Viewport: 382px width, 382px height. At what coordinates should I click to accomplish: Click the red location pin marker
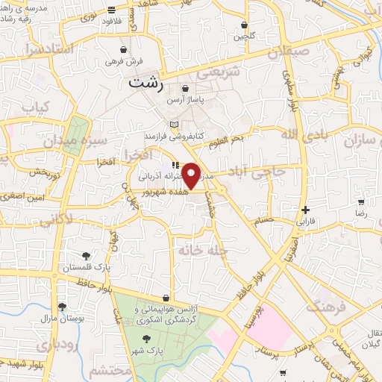tap(192, 175)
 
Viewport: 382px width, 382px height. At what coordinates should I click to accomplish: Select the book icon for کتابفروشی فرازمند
tap(175, 124)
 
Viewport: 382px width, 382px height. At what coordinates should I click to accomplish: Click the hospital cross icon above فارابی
tap(305, 210)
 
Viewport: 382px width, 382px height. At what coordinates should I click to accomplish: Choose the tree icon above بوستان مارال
tap(62, 307)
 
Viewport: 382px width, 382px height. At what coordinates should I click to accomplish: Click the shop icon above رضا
tap(361, 202)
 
